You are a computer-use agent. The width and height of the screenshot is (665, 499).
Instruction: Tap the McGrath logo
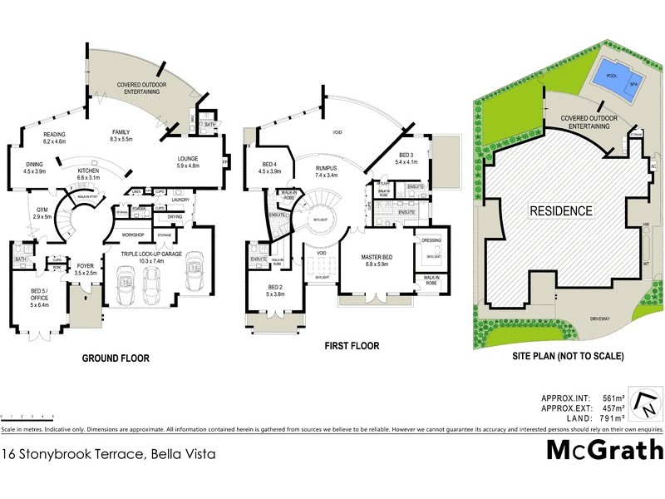(x=604, y=451)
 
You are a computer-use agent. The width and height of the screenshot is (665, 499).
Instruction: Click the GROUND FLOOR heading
(x=115, y=358)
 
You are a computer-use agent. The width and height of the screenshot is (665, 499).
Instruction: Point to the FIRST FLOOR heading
(x=352, y=346)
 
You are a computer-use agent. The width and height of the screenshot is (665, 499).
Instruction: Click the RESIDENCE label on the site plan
(x=561, y=210)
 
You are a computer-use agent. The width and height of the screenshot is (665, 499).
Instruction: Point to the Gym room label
(x=41, y=212)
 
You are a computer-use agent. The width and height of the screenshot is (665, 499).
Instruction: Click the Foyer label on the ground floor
(x=86, y=268)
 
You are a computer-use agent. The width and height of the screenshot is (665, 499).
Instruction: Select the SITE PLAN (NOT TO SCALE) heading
(x=569, y=356)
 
